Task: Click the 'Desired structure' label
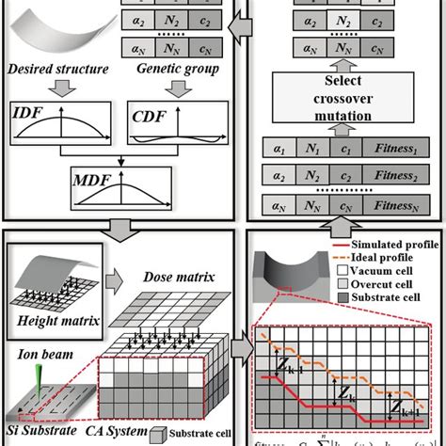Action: click(56, 70)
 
